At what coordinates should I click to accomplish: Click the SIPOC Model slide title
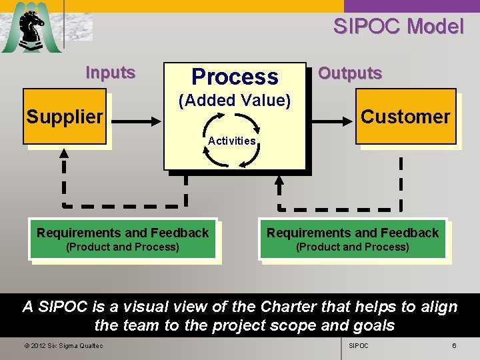tap(398, 27)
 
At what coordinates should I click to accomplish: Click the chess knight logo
tap(31, 28)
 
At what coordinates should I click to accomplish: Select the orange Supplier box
tap(65, 117)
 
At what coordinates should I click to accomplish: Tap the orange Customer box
tap(405, 117)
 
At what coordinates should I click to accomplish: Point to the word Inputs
tap(111, 73)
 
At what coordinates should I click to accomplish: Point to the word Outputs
tap(350, 73)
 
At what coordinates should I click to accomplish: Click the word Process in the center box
tap(235, 77)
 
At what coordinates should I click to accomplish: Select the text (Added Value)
tap(234, 101)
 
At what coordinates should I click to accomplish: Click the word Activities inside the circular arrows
tap(231, 141)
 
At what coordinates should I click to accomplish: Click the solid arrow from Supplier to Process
tap(136, 122)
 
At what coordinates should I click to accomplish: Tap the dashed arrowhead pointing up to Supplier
tap(65, 155)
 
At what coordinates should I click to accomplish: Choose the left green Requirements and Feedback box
tap(123, 239)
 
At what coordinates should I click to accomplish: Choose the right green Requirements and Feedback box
tap(353, 239)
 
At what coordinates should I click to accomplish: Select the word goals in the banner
tap(374, 326)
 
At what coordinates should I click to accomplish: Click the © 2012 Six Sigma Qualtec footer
tap(63, 346)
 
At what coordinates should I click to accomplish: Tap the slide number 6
tap(454, 346)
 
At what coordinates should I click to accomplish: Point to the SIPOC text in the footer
tap(359, 346)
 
